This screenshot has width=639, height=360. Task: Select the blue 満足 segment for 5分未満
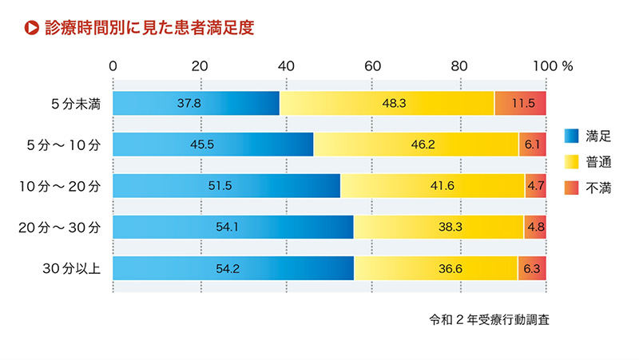(x=196, y=103)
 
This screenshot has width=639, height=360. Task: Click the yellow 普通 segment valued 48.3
(x=387, y=103)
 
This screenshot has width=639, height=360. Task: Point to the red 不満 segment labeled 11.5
(x=520, y=103)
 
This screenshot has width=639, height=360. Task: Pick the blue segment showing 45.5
(x=212, y=144)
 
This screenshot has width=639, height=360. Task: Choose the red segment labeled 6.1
(x=532, y=144)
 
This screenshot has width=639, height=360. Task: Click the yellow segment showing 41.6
(x=432, y=186)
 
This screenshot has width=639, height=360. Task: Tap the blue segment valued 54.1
(x=232, y=227)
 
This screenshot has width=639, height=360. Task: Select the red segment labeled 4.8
(x=534, y=227)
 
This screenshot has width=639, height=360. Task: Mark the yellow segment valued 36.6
(x=435, y=268)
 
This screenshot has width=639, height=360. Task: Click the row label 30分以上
(x=71, y=268)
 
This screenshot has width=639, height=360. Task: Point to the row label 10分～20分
(x=60, y=186)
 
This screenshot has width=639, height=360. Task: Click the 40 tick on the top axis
(x=286, y=66)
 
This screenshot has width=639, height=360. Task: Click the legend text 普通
(x=599, y=162)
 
